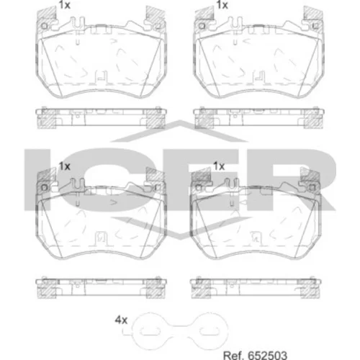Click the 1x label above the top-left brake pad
[65, 5]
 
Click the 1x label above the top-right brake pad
[222, 5]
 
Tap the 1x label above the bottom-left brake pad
[65, 166]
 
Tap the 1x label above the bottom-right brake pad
[219, 166]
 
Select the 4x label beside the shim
[121, 320]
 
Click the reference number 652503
[267, 355]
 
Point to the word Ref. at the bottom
[234, 355]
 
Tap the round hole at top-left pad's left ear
[45, 26]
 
